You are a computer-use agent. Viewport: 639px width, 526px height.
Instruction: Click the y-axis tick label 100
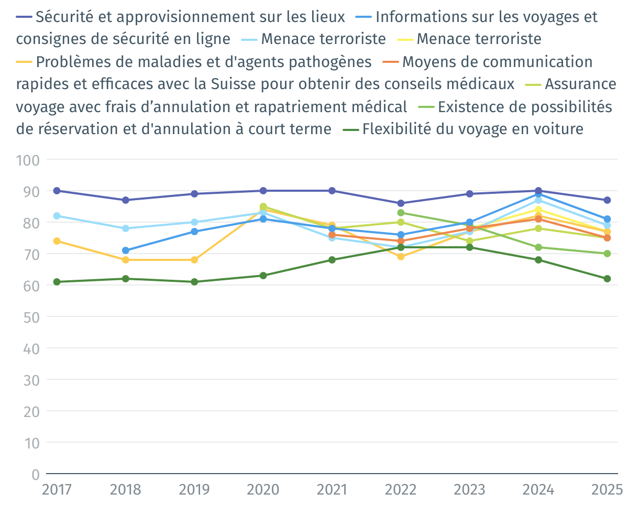click(x=28, y=160)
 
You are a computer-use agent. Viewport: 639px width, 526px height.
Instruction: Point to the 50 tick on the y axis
click(x=31, y=317)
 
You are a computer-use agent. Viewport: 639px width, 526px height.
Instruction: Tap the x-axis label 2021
click(x=332, y=490)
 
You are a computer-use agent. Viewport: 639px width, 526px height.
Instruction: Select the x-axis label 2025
click(x=607, y=490)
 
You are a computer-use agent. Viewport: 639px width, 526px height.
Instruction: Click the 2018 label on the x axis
click(x=126, y=490)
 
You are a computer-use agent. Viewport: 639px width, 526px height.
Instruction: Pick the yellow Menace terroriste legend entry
click(x=479, y=39)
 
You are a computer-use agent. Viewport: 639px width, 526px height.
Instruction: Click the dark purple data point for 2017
click(x=57, y=191)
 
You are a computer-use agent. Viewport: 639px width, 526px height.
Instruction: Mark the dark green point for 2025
click(x=607, y=279)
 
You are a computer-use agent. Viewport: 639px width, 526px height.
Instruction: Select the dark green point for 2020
click(x=263, y=276)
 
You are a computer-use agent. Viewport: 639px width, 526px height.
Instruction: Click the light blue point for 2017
click(x=57, y=216)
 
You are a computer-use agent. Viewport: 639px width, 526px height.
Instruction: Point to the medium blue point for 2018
click(x=126, y=250)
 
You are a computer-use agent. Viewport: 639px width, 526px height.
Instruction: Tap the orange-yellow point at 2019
click(x=194, y=260)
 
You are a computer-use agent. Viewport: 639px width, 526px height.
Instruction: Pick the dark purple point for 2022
click(x=401, y=203)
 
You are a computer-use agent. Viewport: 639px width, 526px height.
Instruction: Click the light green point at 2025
click(x=607, y=254)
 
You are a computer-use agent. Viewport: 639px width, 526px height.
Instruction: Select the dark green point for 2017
click(x=57, y=282)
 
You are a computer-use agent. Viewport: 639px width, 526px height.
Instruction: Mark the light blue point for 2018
click(x=126, y=228)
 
